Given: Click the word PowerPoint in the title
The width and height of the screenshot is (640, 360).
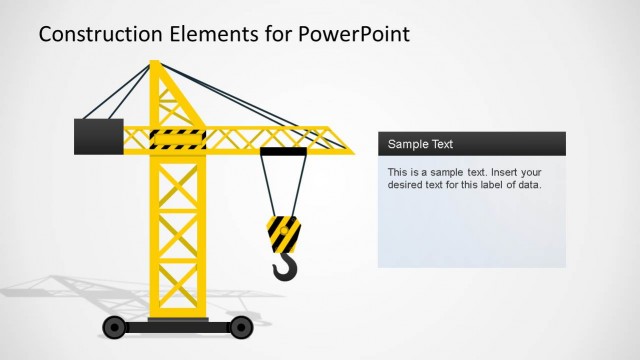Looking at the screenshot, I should [354, 34].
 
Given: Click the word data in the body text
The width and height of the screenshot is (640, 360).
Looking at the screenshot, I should [527, 184].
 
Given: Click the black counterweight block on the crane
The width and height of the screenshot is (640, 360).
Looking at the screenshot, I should [98, 136].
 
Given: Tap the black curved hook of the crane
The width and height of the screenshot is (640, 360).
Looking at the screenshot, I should [285, 267].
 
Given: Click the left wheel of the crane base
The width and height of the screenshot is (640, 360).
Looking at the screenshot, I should [115, 326].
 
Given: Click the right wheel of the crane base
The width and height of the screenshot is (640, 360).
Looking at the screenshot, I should [240, 326].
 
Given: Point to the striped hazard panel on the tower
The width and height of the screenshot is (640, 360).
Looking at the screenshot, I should [177, 139].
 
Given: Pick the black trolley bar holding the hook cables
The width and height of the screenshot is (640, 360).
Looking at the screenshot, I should [283, 152].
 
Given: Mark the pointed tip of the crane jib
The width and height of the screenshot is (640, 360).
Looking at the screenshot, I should [351, 152].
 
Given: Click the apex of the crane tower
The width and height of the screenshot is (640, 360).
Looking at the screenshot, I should [155, 64].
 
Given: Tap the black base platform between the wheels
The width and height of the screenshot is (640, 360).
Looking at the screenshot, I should [178, 325].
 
